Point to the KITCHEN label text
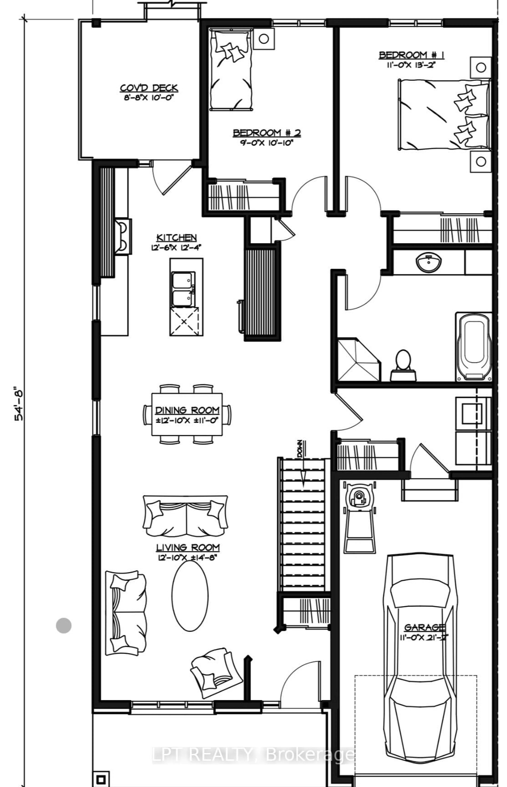point(177,238)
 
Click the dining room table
point(187,414)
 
